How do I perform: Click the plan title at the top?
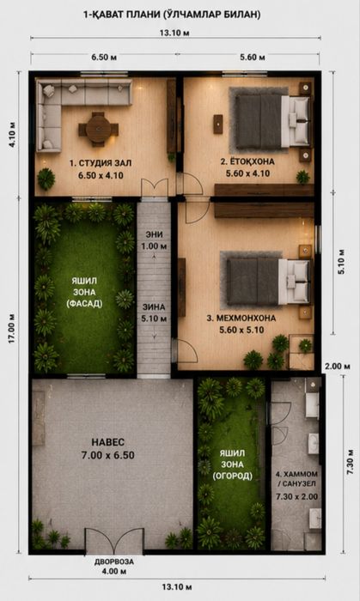point(172,15)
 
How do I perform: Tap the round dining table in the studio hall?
point(99,130)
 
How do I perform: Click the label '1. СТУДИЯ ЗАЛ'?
point(101,163)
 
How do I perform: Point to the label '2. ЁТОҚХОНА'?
point(247,161)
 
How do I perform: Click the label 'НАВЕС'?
point(107,442)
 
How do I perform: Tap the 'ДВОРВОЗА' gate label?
point(114,562)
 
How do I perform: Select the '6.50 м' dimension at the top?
point(104,58)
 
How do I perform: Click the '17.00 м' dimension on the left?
point(13,328)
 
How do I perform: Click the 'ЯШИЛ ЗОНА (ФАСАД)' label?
point(84,293)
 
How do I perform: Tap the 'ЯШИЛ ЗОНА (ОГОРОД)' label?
point(233,464)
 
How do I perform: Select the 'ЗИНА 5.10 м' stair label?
point(155,313)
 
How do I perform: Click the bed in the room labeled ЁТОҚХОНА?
point(272,122)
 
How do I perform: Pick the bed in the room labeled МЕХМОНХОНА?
point(267,282)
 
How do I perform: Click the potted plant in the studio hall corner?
point(46,179)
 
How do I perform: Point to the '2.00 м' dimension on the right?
point(338,366)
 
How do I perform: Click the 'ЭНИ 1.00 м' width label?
point(155,240)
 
